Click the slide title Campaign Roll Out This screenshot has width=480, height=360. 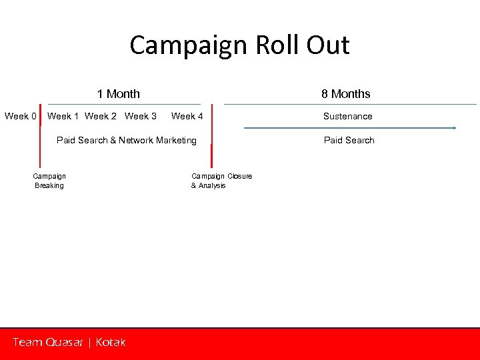[x=239, y=45]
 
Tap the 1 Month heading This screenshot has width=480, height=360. [x=118, y=94]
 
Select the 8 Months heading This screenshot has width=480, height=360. [x=345, y=94]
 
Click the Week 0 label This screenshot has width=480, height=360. [x=21, y=116]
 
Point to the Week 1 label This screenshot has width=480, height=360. [x=63, y=116]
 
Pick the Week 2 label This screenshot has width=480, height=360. [x=101, y=116]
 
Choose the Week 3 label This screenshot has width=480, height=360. [x=141, y=116]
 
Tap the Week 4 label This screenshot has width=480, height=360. [x=187, y=116]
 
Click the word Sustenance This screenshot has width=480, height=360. [x=347, y=116]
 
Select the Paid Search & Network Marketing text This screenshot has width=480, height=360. [x=127, y=140]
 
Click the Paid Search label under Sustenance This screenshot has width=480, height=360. [x=349, y=140]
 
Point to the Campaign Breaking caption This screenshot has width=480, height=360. [x=49, y=181]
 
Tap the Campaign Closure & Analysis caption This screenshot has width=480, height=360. [x=221, y=181]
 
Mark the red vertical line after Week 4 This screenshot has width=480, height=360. [x=211, y=137]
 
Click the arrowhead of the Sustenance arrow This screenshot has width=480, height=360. [x=454, y=127]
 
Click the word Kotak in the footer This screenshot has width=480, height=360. [x=110, y=342]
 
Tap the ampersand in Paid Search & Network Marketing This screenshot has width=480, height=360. [x=113, y=140]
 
